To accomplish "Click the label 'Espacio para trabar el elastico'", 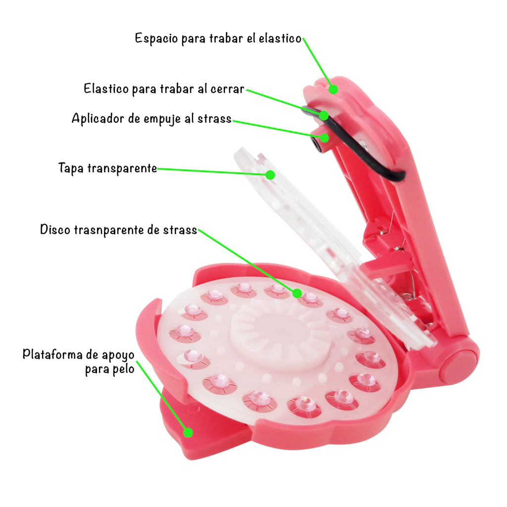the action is [x=218, y=39].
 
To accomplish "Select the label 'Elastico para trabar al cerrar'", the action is [x=164, y=89].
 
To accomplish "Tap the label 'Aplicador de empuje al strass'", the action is [x=152, y=119].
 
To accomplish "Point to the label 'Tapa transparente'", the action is [x=107, y=168].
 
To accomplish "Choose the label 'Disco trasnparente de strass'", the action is [x=119, y=230].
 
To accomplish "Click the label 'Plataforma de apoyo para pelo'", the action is [x=79, y=361].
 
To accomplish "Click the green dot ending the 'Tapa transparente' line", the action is [x=270, y=175].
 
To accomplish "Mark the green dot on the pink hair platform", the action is [x=188, y=432].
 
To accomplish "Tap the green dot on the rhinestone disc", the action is [x=297, y=293].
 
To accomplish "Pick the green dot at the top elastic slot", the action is [x=333, y=89].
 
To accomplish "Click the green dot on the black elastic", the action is [x=324, y=115].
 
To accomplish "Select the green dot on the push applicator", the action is [x=324, y=138].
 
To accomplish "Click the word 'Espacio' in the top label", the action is [x=156, y=39].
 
